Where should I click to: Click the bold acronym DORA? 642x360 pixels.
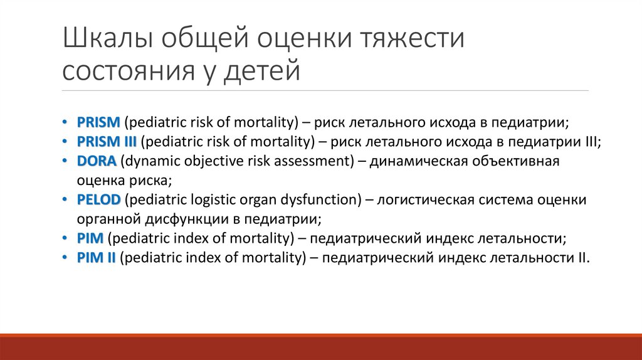point(97,161)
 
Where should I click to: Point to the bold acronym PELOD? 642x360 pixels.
point(100,200)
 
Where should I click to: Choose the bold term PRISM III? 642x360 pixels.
point(107,142)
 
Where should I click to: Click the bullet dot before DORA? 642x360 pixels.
point(67,161)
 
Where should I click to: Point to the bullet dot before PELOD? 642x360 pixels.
point(67,200)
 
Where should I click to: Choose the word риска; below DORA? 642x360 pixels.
point(150,181)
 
